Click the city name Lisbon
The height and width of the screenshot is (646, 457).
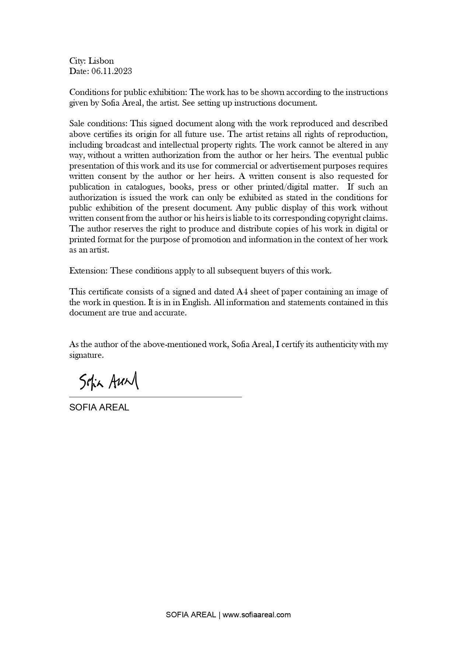tap(101, 61)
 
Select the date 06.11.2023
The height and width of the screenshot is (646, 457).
tap(112, 71)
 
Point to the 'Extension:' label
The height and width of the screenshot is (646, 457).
tap(88, 271)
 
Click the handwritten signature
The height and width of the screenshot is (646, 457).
tap(109, 381)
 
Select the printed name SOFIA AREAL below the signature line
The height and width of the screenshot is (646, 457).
tap(99, 407)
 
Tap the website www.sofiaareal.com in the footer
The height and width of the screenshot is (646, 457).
tap(257, 615)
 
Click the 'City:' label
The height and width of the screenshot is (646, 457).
tap(77, 61)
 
